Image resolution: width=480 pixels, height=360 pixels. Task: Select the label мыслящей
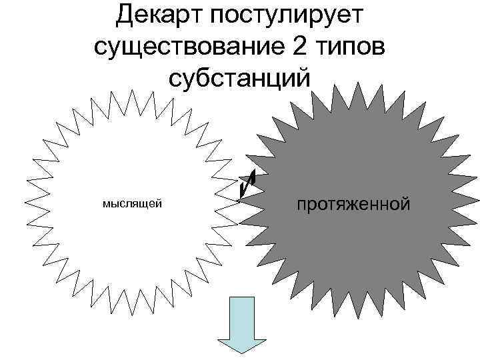point(132,203)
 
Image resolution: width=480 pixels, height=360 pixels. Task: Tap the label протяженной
point(353,203)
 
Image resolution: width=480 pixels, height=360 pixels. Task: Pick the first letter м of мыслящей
point(106,203)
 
